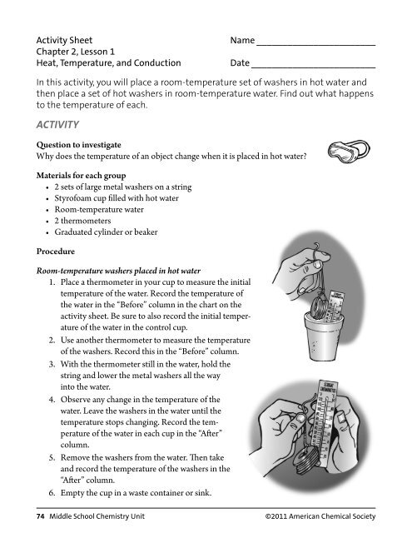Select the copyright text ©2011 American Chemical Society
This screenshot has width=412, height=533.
tap(319, 517)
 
